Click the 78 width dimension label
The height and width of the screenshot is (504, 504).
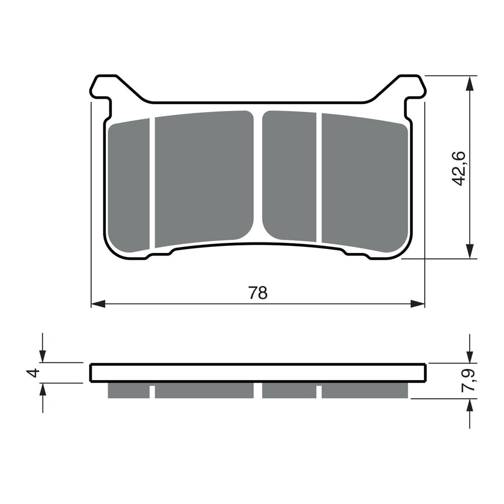click(258, 293)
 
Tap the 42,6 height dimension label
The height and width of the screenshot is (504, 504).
click(460, 167)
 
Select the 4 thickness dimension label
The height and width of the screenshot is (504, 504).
click(33, 373)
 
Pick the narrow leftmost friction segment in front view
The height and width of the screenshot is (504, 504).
click(130, 185)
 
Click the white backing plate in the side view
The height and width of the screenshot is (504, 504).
click(258, 372)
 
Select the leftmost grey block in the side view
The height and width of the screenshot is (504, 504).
click(129, 391)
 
